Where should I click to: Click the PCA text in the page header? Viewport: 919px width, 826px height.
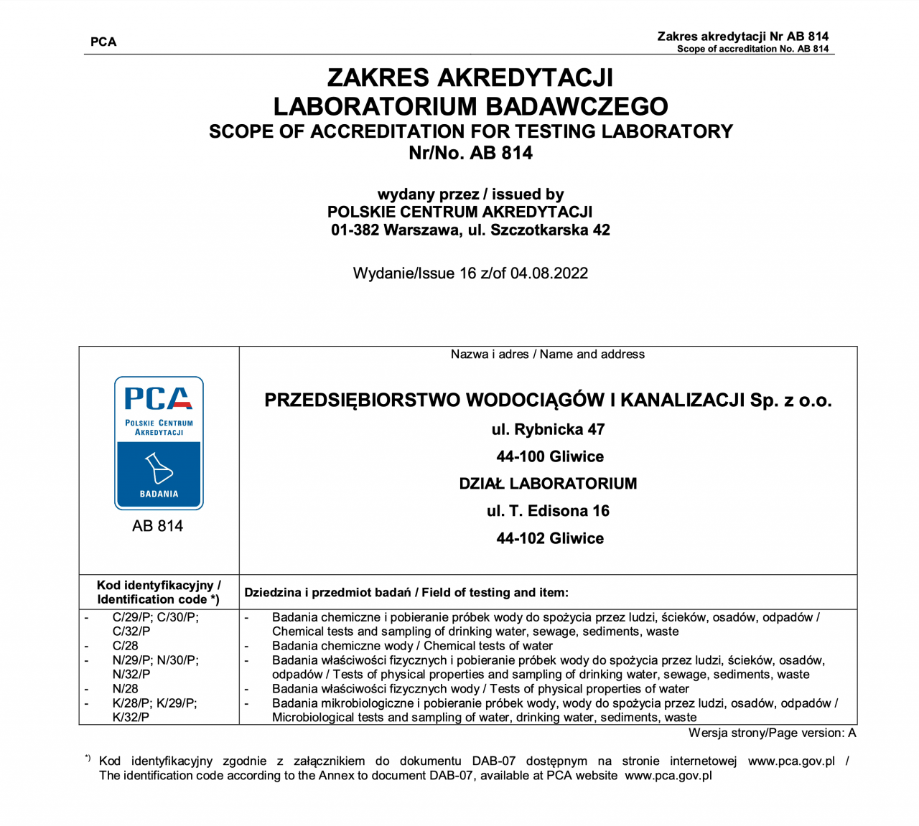[103, 42]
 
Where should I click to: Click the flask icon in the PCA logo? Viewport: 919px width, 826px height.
[159, 468]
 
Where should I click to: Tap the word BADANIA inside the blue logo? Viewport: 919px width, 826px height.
[159, 494]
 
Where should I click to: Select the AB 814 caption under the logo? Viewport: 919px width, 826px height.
[157, 526]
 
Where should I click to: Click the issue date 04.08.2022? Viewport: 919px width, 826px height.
[549, 273]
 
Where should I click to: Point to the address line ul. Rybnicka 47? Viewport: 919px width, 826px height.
[548, 430]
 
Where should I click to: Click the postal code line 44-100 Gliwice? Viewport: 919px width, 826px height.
[550, 457]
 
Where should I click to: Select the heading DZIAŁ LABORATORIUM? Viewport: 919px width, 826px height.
[548, 484]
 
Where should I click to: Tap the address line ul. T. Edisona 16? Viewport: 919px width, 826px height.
[548, 511]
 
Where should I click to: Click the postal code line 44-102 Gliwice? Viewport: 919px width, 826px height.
[550, 538]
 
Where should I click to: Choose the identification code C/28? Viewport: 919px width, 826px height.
[125, 646]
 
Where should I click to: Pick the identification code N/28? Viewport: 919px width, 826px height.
[125, 689]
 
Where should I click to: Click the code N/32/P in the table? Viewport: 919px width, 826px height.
[131, 675]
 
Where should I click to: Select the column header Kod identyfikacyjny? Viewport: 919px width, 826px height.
[159, 586]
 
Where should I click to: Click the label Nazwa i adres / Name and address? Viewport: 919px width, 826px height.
[548, 355]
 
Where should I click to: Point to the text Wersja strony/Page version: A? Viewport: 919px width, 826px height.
[772, 733]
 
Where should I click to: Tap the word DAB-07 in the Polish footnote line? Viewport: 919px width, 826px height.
[494, 761]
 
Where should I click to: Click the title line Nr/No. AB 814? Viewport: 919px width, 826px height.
[470, 153]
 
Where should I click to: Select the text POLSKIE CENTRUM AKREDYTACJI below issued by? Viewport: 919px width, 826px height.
[459, 212]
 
